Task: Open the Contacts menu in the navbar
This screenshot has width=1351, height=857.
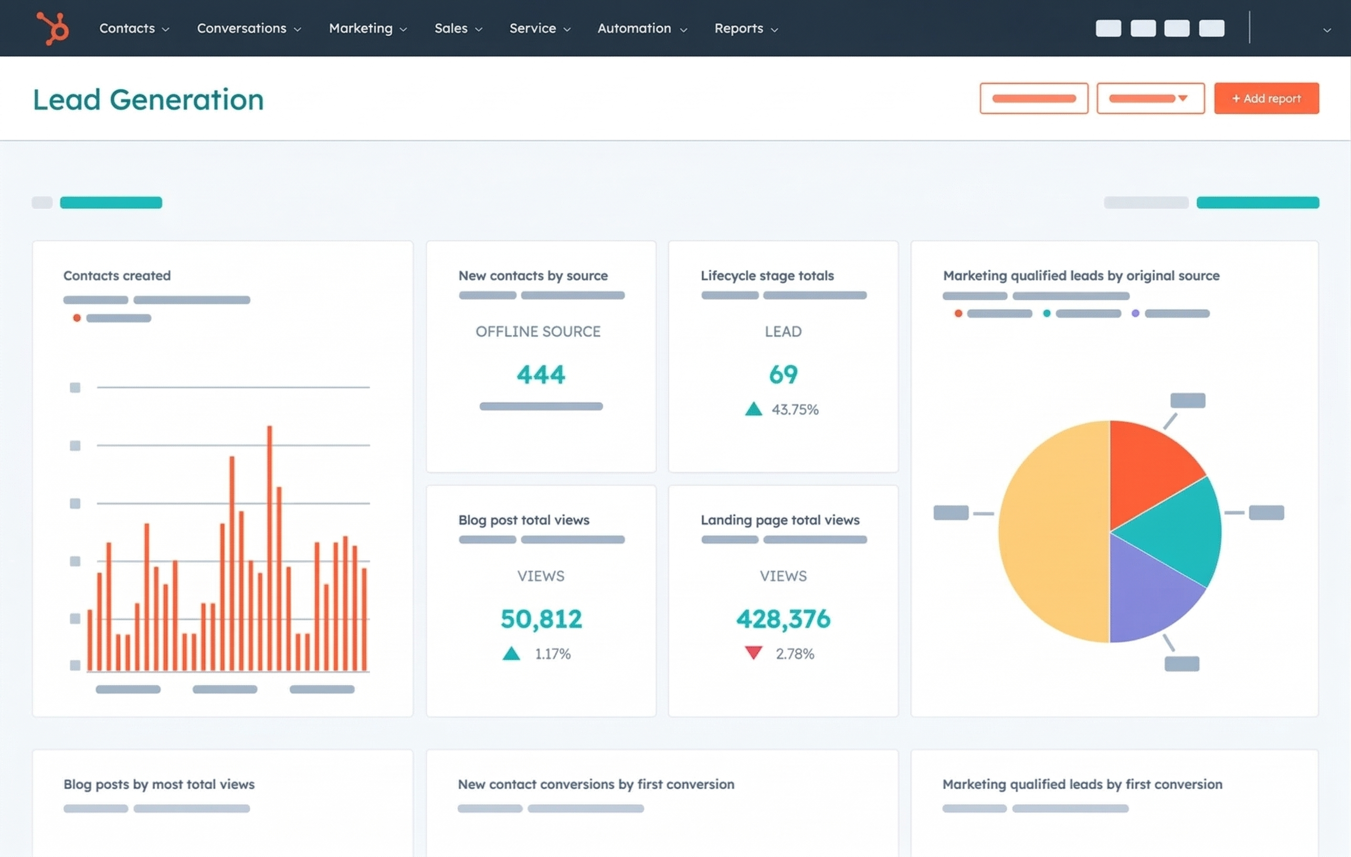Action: [x=133, y=28]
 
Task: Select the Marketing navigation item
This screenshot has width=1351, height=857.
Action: [x=367, y=28]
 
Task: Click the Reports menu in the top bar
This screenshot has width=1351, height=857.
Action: [x=746, y=28]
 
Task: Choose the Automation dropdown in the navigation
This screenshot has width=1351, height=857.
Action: [x=642, y=28]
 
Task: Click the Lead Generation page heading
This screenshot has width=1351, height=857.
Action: [x=148, y=99]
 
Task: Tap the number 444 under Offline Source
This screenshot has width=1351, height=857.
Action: [x=541, y=374]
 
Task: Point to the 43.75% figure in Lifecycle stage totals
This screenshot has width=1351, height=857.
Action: [x=795, y=409]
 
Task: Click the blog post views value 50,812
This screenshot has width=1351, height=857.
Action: [x=541, y=619]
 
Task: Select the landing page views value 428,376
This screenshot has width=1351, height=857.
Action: [x=783, y=619]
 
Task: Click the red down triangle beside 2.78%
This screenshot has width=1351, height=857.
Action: [x=753, y=652]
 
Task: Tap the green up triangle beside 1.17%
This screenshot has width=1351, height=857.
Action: [x=511, y=653]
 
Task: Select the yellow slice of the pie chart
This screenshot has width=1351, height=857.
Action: [x=1049, y=533]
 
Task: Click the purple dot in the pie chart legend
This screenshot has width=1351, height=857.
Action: [x=1135, y=313]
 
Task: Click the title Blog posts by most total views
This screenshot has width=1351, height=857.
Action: [x=159, y=784]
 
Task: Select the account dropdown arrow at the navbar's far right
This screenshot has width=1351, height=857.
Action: [x=1326, y=30]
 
